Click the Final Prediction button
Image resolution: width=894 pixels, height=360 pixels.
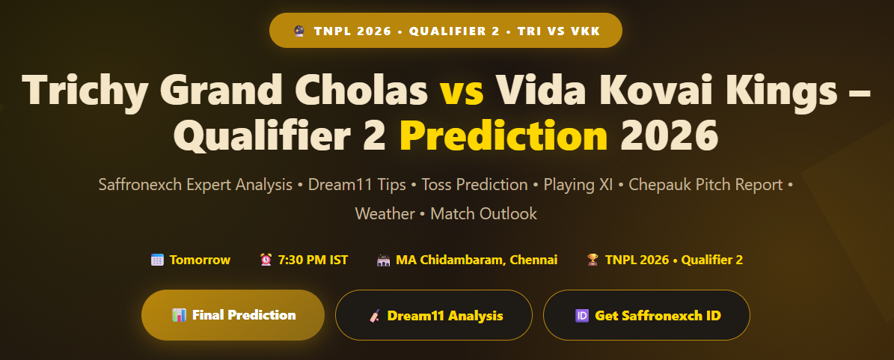233,315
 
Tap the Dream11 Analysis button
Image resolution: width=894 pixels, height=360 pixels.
433,315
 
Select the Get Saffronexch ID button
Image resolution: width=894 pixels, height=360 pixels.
646,315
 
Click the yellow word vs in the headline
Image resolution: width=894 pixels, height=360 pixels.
462,90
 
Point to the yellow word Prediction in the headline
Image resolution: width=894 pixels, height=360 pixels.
503,135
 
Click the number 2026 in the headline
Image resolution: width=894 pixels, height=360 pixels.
669,135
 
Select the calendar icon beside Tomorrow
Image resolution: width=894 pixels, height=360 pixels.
157,260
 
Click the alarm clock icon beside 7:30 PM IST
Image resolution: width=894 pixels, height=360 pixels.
266,260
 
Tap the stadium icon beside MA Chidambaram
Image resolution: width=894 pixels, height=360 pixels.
384,260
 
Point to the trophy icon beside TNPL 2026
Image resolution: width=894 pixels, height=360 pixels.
593,260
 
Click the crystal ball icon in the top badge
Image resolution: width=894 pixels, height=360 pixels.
299,31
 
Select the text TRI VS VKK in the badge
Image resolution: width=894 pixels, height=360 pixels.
559,31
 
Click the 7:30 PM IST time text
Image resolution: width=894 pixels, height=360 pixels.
313,260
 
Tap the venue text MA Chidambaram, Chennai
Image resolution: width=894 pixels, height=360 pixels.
477,260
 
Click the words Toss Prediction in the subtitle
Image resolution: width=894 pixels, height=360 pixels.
474,185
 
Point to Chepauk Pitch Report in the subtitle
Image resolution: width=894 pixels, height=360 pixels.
705,185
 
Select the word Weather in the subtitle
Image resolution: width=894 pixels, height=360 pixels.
385,214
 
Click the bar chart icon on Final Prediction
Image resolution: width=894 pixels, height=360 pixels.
179,315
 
